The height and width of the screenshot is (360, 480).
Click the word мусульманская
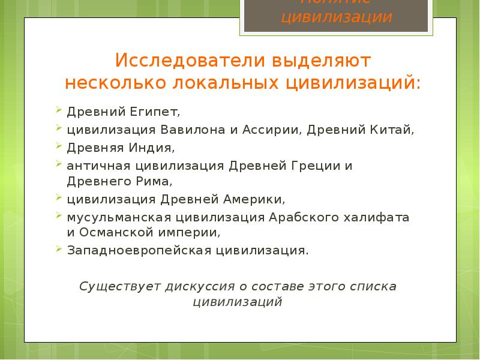point(111,216)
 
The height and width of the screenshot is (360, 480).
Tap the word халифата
point(377,216)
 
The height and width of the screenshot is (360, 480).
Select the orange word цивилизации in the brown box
point(337,17)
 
